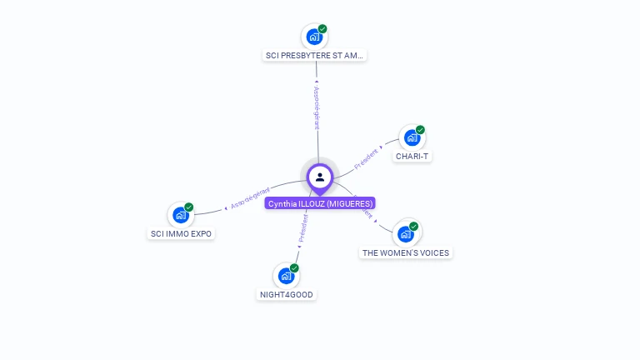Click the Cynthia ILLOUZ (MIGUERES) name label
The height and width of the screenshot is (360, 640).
point(321,203)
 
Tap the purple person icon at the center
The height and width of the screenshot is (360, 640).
point(320,177)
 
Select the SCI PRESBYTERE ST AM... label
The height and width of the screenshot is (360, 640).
point(315,56)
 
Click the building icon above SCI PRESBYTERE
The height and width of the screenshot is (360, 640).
point(313,37)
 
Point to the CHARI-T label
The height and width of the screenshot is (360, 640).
point(412,157)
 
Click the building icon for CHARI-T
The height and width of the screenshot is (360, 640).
point(411,137)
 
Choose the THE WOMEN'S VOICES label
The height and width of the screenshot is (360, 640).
point(406,252)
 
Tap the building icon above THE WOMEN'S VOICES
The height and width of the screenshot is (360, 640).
point(405,233)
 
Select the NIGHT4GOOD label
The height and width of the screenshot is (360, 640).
point(287,294)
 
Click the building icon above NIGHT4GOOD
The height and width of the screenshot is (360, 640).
point(286,276)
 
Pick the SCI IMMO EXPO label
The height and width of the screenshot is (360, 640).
point(181,234)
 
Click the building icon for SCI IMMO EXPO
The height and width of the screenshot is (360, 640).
point(180,215)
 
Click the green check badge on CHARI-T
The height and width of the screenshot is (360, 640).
point(420,130)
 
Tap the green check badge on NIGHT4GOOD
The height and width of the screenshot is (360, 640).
point(294,268)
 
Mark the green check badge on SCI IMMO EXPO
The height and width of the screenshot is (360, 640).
point(189,207)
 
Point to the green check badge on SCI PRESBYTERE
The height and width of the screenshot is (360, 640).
point(322,29)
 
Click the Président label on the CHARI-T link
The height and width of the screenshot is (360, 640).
point(366,158)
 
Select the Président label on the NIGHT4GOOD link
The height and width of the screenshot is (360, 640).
point(304,227)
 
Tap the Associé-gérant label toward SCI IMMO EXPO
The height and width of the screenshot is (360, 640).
point(250,197)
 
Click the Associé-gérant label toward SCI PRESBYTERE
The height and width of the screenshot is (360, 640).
point(317,107)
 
